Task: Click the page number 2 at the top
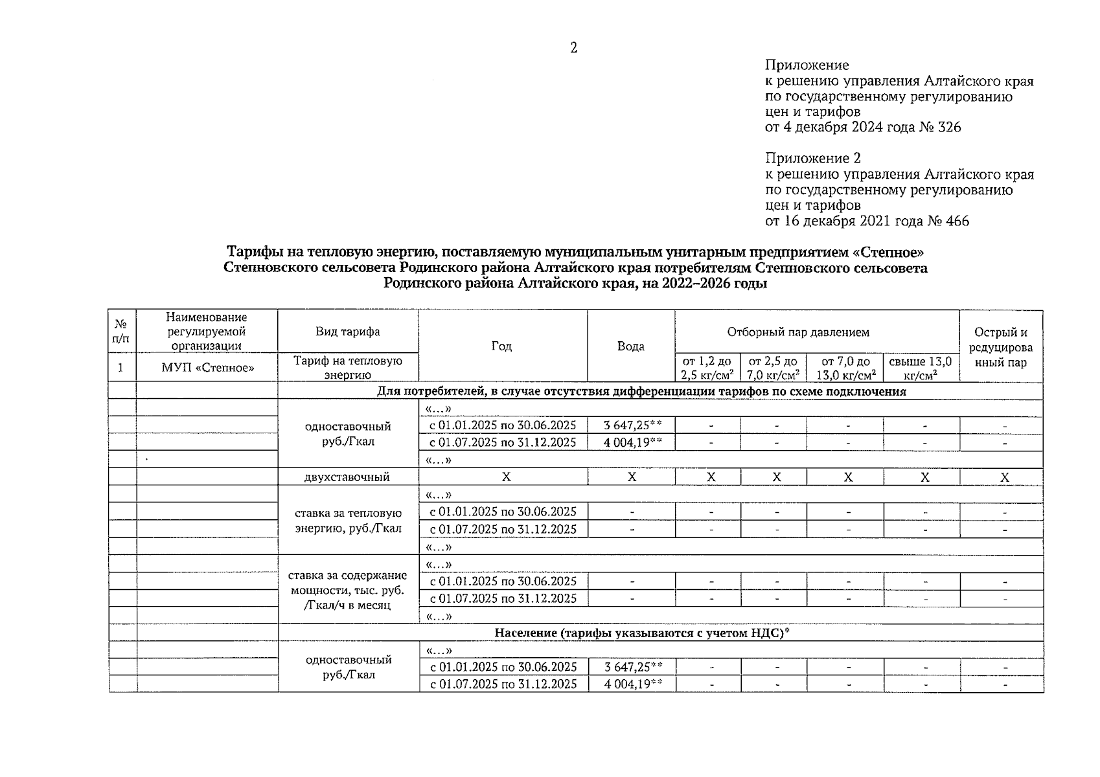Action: [x=573, y=48]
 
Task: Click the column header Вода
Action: [x=630, y=346]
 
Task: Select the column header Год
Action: [x=501, y=346]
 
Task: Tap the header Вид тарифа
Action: [x=348, y=332]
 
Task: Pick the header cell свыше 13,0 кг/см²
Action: [x=920, y=368]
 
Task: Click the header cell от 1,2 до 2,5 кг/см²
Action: [x=707, y=368]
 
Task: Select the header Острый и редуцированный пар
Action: [x=1000, y=347]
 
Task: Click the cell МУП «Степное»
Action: [x=207, y=368]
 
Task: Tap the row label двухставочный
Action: [x=347, y=477]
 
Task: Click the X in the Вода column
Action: [x=632, y=477]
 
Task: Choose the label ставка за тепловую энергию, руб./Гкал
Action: [x=348, y=521]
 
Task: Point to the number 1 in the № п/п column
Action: [x=120, y=368]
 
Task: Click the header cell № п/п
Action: [x=120, y=332]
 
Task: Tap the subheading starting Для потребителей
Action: [x=641, y=392]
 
